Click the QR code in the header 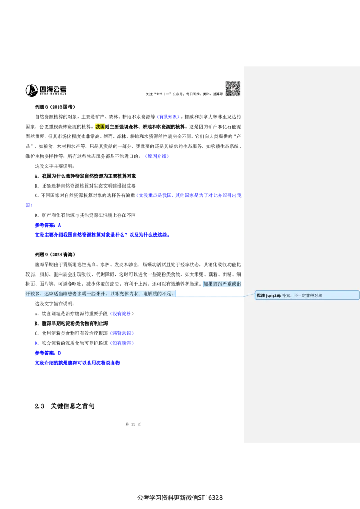click(x=233, y=89)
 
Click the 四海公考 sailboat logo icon click(x=31, y=90)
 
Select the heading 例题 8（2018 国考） click(x=55, y=107)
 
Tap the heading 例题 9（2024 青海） click(x=55, y=254)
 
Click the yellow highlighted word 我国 click(x=100, y=127)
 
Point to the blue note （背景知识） click(x=168, y=117)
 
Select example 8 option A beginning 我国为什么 click(x=85, y=176)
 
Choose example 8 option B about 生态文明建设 click(x=85, y=186)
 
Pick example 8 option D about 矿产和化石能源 click(x=85, y=215)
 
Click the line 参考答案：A click(x=48, y=225)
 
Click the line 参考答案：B click(x=48, y=353)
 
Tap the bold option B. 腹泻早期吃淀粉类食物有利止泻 click(x=71, y=323)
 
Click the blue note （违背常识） click(x=122, y=333)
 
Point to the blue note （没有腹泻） click(x=122, y=343)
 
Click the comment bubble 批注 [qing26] click(x=307, y=295)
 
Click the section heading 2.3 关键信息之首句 click(x=65, y=406)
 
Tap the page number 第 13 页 click(x=133, y=424)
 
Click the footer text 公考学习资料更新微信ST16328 click(x=180, y=498)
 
